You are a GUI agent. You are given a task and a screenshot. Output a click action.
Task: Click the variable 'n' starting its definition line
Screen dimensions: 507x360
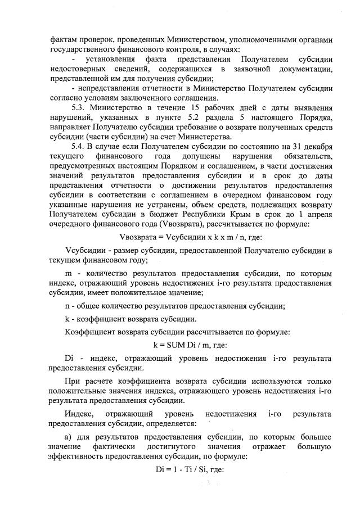pyautogui.click(x=67, y=306)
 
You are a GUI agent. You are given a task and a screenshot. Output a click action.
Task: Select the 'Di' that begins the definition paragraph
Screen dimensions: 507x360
pyautogui.click(x=70, y=359)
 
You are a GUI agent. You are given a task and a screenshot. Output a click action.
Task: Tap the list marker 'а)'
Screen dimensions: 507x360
pyautogui.click(x=69, y=436)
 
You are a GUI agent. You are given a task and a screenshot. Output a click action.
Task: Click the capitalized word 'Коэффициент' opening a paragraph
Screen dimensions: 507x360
pyautogui.click(x=92, y=332)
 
